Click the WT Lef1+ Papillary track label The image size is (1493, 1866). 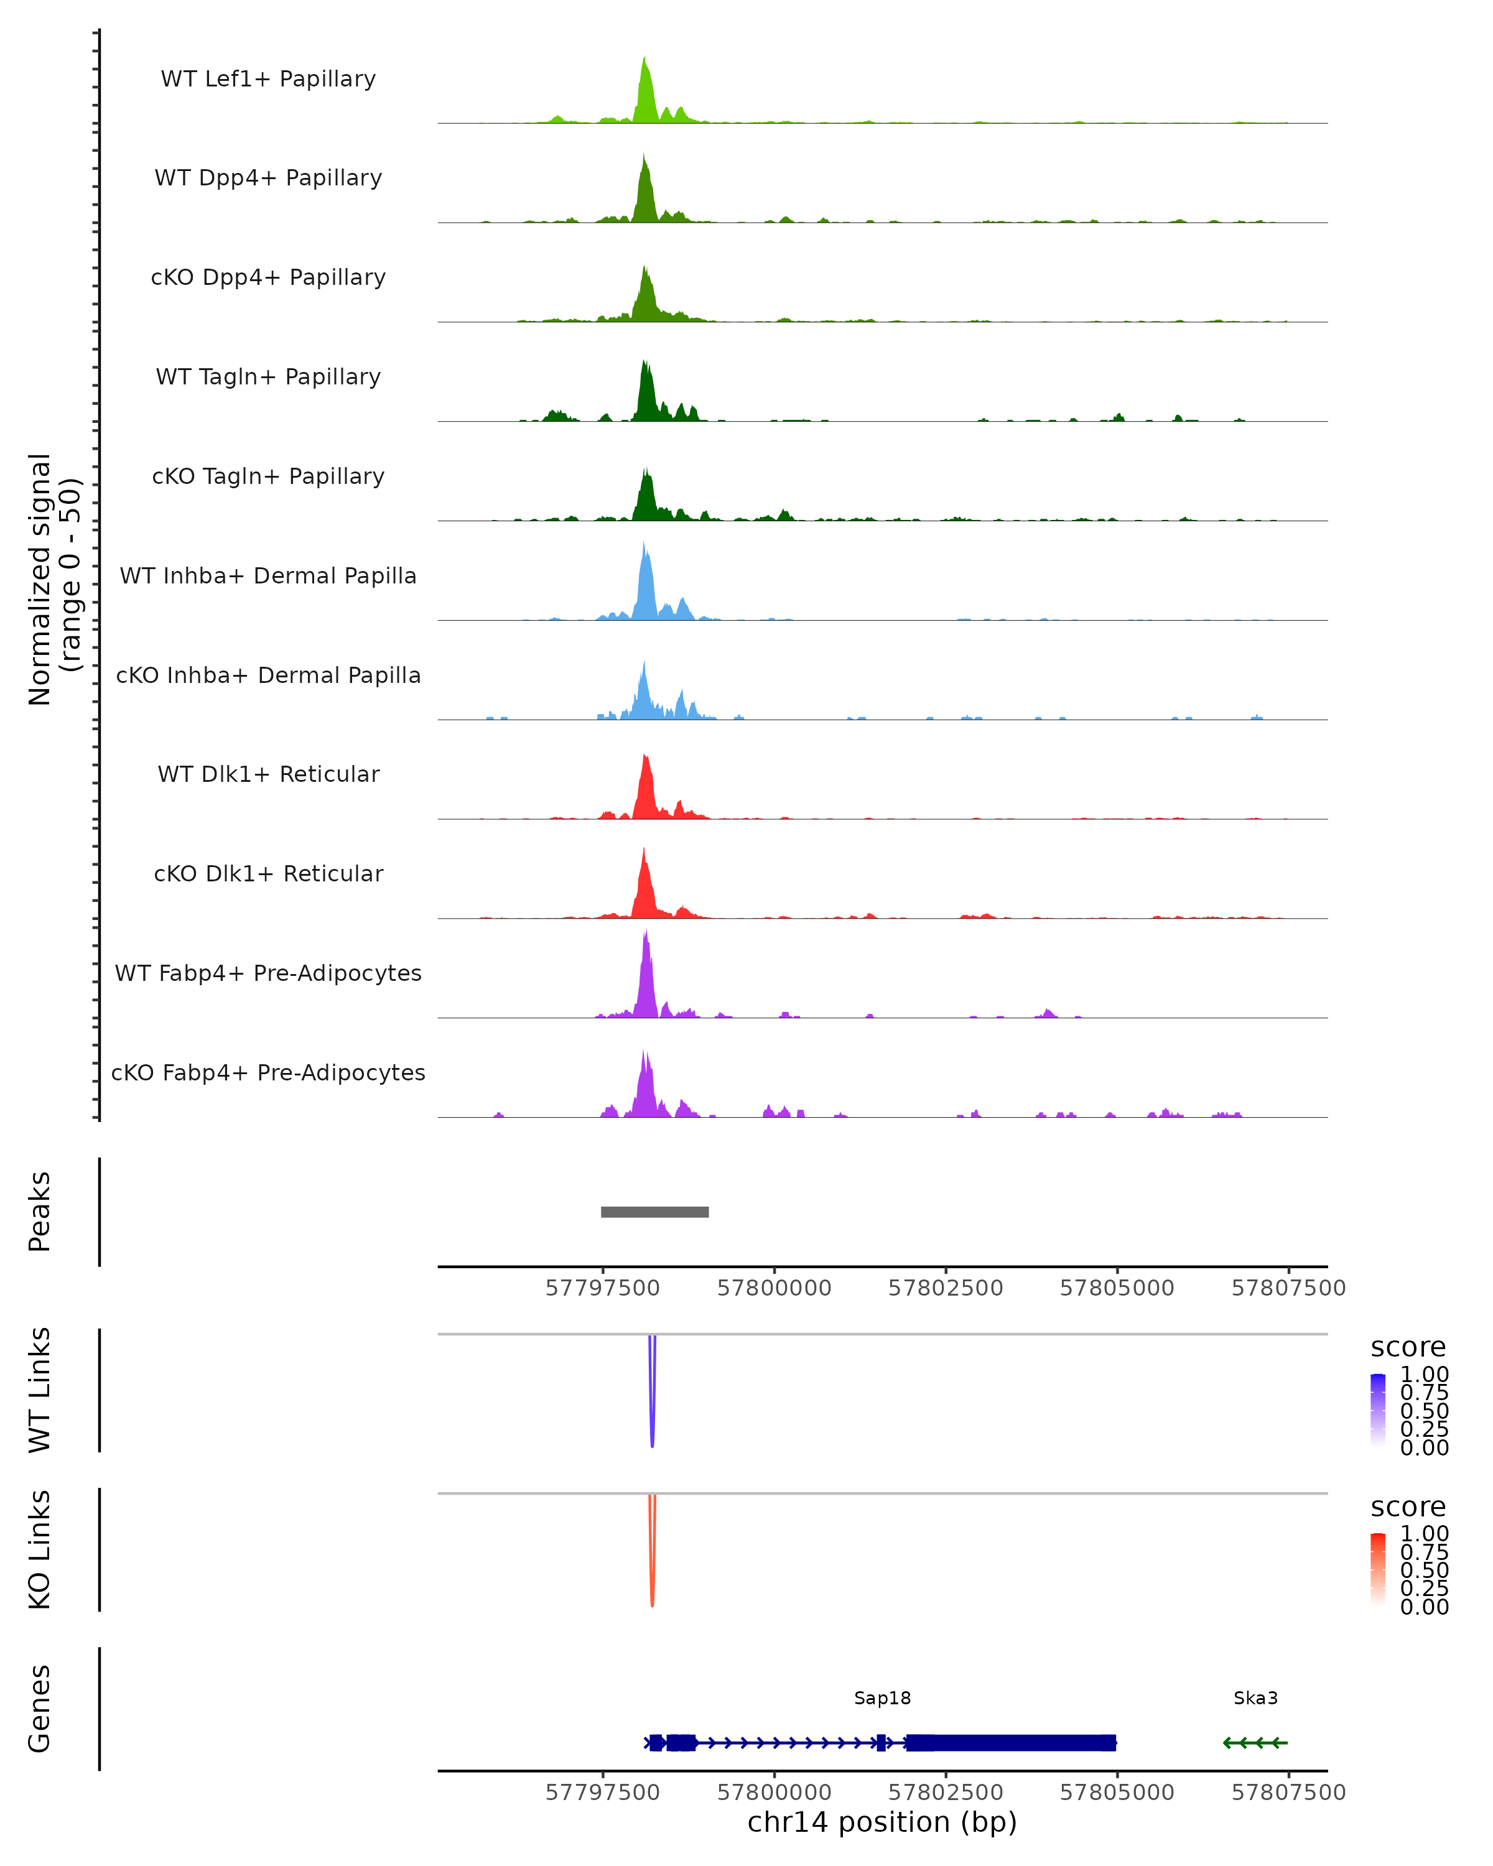[268, 79]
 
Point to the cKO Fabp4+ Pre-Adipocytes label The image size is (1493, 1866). [268, 1072]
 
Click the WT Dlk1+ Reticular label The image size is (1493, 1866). [268, 774]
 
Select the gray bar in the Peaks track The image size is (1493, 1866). [654, 1212]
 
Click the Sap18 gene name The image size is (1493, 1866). [882, 1698]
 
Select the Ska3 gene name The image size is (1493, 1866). [1255, 1698]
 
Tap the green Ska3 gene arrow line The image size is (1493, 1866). [1255, 1743]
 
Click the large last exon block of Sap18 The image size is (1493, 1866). [1010, 1743]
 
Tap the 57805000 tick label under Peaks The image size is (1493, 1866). [1117, 1288]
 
